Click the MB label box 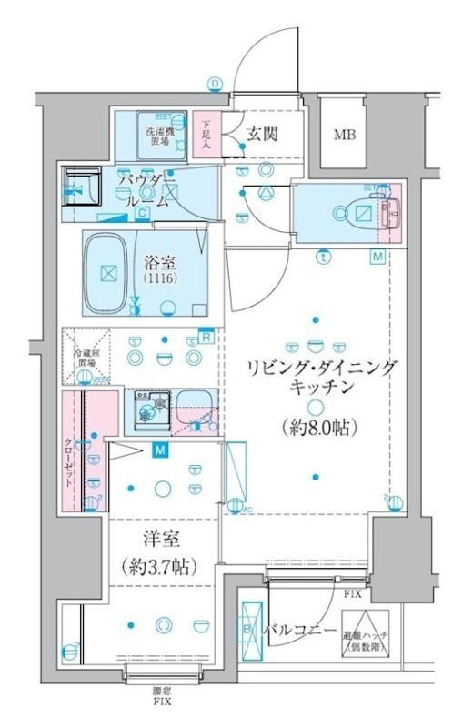pos(345,136)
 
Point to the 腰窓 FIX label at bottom pos(160,695)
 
